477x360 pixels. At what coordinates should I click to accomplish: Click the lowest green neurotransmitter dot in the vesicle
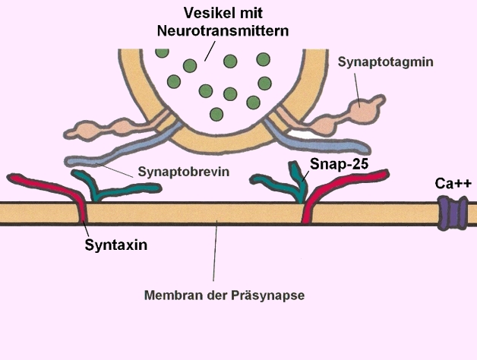tap(216, 114)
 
